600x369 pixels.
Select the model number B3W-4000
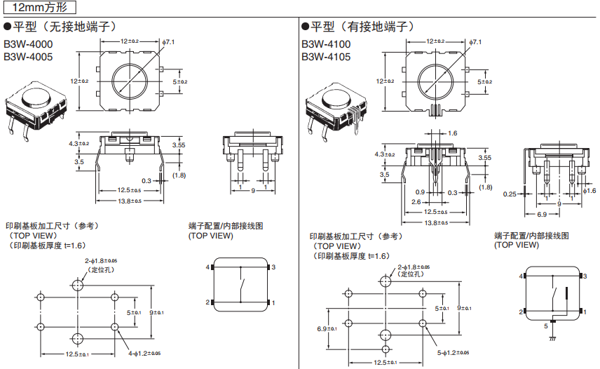[29, 44]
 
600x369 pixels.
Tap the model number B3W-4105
[326, 57]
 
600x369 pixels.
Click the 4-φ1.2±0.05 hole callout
[144, 353]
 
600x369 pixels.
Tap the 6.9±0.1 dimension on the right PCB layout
[327, 328]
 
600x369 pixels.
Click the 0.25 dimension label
[510, 194]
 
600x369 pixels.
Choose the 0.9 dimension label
[420, 192]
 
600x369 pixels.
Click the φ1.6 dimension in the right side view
[589, 191]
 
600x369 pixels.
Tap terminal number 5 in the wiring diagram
[547, 326]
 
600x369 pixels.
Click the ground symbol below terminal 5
[552, 338]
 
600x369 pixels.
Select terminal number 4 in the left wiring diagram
[207, 268]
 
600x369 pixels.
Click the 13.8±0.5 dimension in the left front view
[129, 201]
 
